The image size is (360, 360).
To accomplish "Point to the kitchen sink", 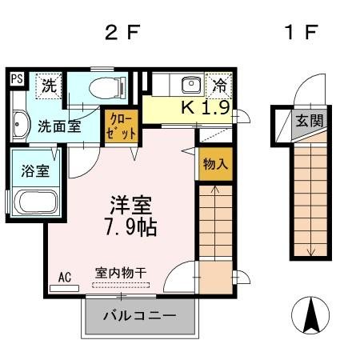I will [x=190, y=85].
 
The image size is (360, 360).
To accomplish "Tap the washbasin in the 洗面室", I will [x=20, y=125].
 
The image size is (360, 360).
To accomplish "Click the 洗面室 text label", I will [x=60, y=126].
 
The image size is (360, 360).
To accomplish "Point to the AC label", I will [x=65, y=278].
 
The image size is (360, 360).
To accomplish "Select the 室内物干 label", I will [x=121, y=273].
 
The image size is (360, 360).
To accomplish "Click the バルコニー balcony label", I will [x=139, y=316].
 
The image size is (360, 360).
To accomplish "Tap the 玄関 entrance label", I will [x=308, y=122].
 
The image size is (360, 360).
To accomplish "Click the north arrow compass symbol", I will [x=313, y=315].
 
